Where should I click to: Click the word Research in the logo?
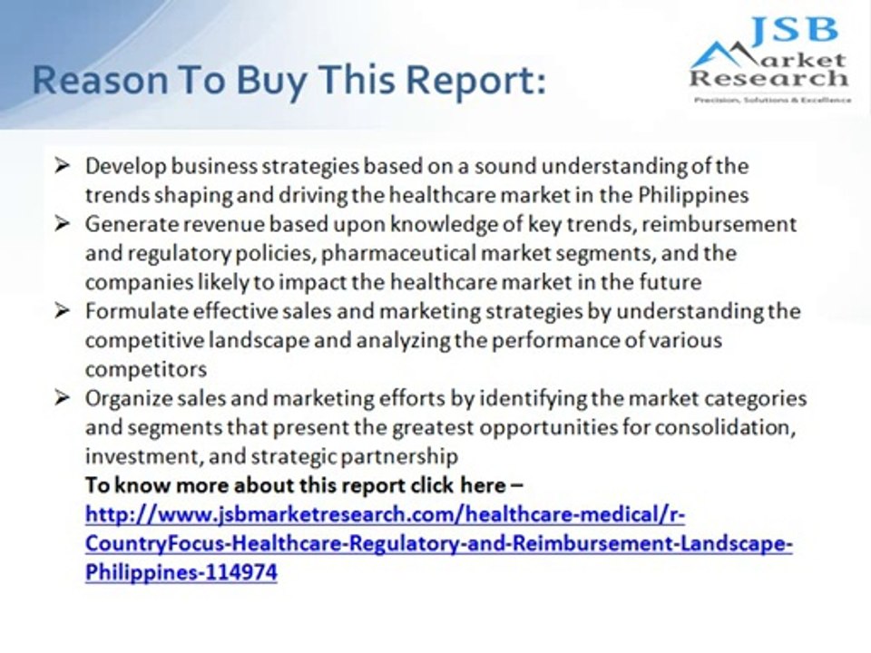click(x=769, y=78)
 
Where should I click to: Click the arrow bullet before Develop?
click(x=63, y=166)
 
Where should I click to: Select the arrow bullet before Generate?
click(x=63, y=223)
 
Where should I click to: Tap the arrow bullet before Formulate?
click(x=63, y=311)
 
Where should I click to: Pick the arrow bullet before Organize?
click(x=63, y=398)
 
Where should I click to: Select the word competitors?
click(x=146, y=369)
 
